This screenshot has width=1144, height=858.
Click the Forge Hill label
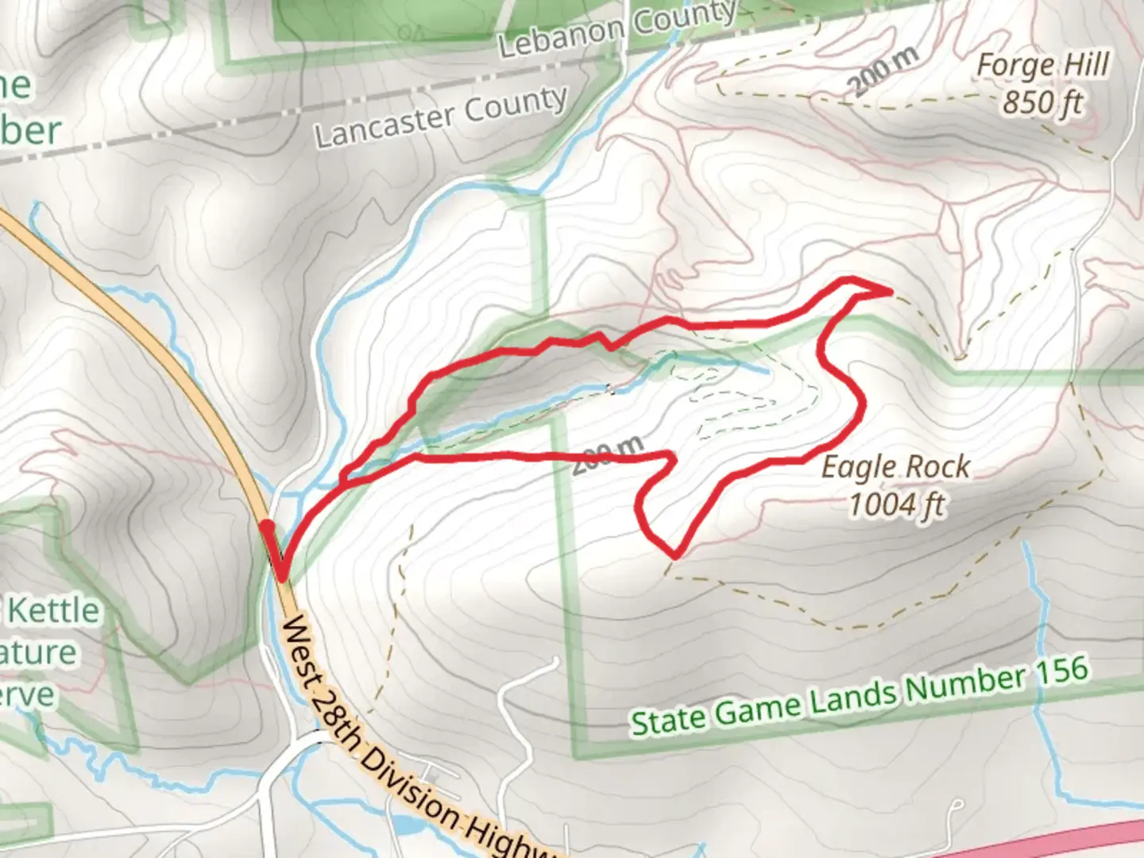point(1042,66)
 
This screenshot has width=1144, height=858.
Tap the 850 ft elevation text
point(1042,102)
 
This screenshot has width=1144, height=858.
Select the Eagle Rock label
point(895,467)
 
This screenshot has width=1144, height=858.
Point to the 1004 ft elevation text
point(897,504)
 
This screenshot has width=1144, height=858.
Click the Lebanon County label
point(617,29)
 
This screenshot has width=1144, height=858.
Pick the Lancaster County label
point(441,118)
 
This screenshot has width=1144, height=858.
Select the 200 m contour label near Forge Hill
point(883,71)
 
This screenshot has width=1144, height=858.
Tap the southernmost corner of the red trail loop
point(675,554)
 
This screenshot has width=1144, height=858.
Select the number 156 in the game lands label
point(1061,671)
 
